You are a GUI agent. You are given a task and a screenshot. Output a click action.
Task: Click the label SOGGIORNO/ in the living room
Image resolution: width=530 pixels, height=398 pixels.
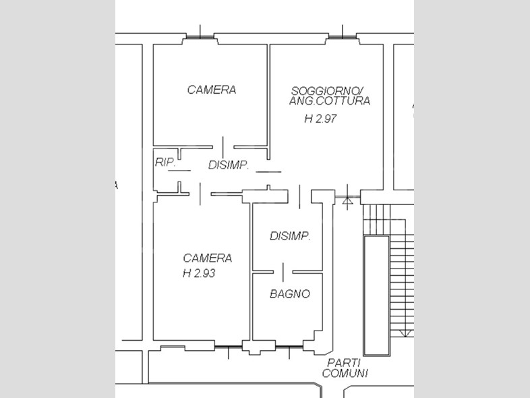click(x=327, y=91)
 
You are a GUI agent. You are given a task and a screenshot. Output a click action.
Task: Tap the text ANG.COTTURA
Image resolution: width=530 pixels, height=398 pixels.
click(x=330, y=101)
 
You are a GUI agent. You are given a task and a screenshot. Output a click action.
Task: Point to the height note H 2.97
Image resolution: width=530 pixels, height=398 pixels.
click(x=320, y=119)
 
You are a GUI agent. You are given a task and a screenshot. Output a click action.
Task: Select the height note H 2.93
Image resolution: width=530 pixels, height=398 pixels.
click(x=199, y=273)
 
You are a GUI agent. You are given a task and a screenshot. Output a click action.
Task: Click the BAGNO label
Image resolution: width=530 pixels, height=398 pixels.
click(x=290, y=294)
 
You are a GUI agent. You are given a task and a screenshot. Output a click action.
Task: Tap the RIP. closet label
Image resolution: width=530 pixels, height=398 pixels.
click(x=165, y=163)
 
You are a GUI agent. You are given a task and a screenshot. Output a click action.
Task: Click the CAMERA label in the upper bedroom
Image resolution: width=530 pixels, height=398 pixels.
click(x=212, y=90)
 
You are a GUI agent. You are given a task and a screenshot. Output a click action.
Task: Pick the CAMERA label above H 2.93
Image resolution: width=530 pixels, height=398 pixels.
click(x=208, y=258)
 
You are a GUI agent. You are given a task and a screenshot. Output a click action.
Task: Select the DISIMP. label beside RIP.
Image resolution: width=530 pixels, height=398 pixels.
click(x=229, y=165)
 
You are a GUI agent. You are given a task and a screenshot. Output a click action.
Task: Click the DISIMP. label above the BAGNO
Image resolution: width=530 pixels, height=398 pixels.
click(x=290, y=236)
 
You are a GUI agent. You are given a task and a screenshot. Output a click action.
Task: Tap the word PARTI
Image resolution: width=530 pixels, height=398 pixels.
click(x=343, y=363)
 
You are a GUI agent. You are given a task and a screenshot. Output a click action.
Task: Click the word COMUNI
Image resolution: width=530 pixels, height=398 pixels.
click(x=345, y=373)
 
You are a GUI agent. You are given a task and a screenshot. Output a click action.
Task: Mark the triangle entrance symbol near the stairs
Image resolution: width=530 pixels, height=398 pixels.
click(x=347, y=201)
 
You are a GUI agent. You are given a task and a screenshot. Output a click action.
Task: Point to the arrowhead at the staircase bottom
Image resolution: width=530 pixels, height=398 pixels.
click(x=404, y=333)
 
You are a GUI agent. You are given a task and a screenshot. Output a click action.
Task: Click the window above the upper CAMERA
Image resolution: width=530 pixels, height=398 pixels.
click(x=200, y=36)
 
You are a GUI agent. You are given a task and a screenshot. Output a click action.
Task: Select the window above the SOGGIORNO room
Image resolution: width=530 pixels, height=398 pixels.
click(x=343, y=36)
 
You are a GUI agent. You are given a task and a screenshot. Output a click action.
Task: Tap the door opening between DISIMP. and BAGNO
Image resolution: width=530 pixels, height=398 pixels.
click(x=283, y=272)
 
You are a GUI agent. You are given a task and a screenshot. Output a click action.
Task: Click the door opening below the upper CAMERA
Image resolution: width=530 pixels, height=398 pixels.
click(x=223, y=147)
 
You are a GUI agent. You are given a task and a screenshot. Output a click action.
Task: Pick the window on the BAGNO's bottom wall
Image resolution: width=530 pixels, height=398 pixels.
click(x=289, y=347)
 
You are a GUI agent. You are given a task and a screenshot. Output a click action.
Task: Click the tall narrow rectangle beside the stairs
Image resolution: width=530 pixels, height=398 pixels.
click(x=376, y=295)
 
